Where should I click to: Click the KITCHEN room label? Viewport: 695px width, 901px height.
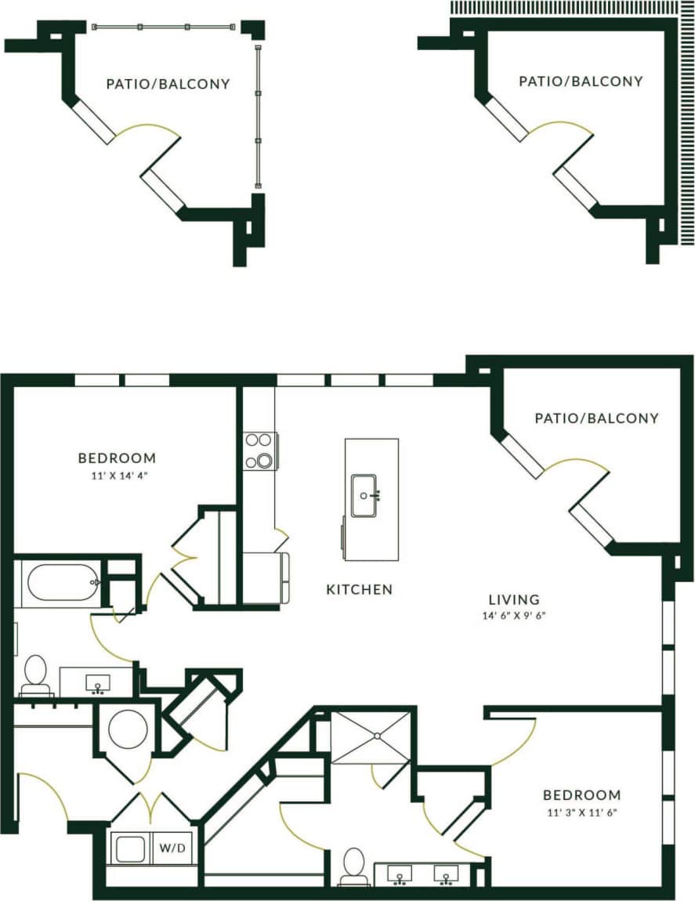click(x=359, y=589)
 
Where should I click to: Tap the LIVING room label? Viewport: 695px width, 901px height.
click(x=513, y=600)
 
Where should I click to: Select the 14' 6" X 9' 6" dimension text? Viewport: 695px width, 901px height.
click(x=513, y=616)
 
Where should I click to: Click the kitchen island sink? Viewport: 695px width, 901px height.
click(x=364, y=495)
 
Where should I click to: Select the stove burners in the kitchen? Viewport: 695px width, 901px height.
click(x=259, y=450)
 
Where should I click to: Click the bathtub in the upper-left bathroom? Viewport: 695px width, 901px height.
click(x=61, y=584)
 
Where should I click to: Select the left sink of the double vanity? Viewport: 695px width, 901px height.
click(x=400, y=873)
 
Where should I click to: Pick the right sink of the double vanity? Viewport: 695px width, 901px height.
click(x=447, y=873)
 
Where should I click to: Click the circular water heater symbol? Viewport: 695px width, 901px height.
click(x=128, y=729)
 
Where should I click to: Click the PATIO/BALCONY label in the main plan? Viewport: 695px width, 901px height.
click(x=596, y=418)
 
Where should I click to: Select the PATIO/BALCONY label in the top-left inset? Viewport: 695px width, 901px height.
click(x=168, y=84)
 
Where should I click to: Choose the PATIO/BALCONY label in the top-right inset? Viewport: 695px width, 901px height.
click(x=581, y=81)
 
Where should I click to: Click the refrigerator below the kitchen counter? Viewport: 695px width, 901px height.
click(x=266, y=578)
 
